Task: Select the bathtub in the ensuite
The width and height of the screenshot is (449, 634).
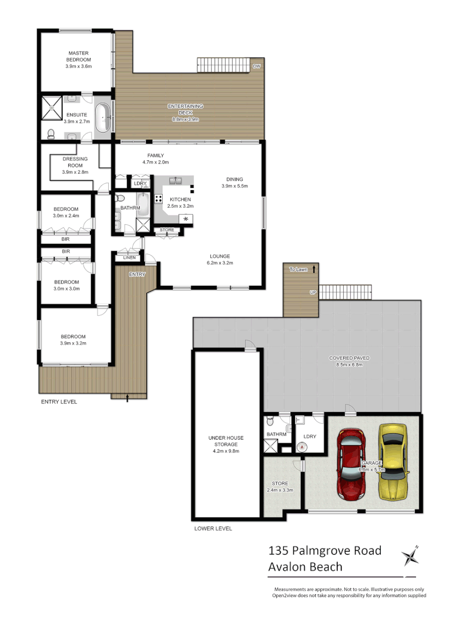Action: (104, 117)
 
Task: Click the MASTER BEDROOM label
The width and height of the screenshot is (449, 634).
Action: (78, 56)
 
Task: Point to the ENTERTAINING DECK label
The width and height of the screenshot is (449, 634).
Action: (185, 109)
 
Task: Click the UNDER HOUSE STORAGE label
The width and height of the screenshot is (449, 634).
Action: (226, 441)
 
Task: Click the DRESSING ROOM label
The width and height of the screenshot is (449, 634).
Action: (75, 162)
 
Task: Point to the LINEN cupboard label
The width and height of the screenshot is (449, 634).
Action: (129, 257)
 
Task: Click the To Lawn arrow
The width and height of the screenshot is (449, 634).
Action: (315, 269)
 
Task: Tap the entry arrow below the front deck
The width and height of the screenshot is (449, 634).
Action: (128, 400)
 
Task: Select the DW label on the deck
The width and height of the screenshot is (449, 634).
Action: (256, 66)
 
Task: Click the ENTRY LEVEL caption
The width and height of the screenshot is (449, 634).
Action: (59, 402)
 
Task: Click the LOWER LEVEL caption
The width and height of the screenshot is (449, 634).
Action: (213, 528)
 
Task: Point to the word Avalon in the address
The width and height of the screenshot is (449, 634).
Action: (287, 566)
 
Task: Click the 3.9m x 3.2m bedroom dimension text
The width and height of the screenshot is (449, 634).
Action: (73, 343)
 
